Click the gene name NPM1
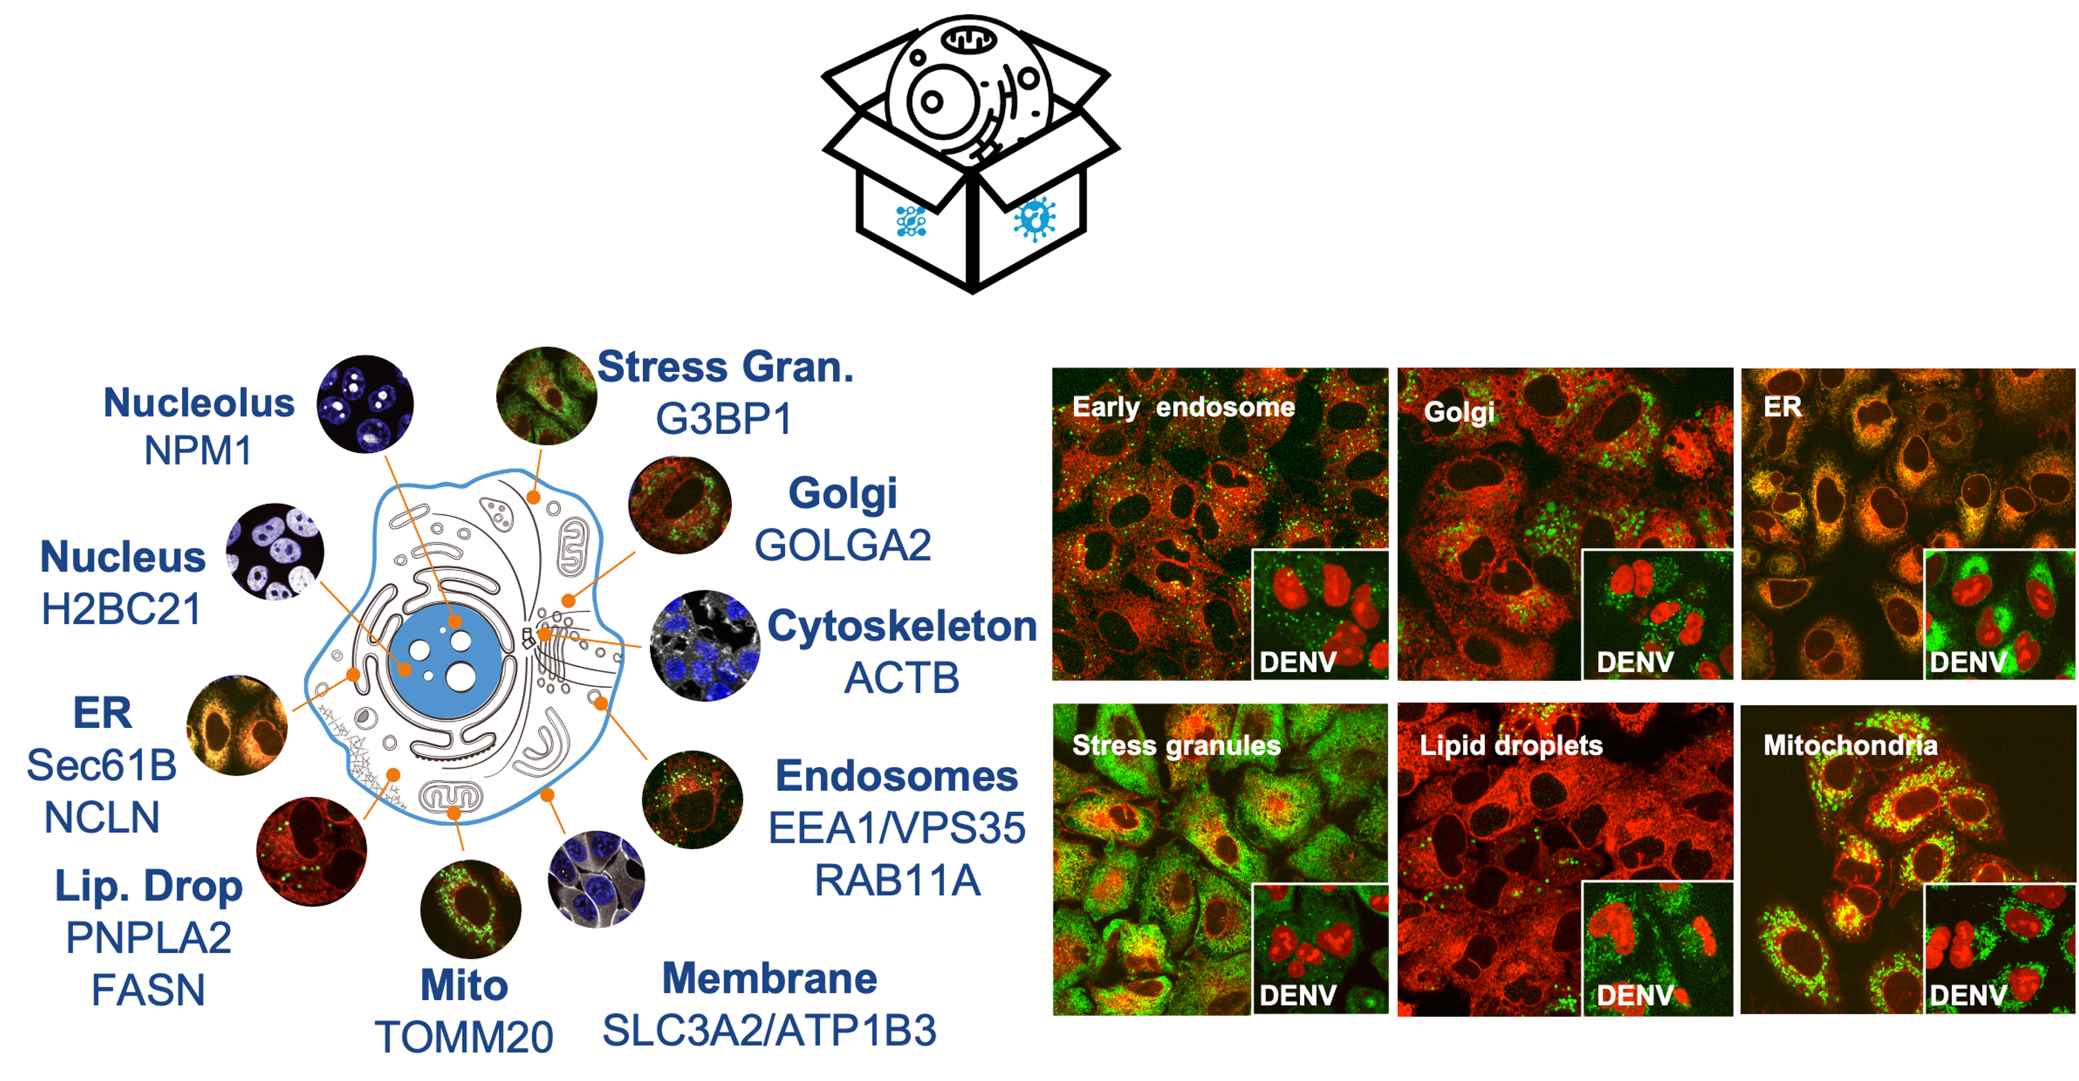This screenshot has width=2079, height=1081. click(x=198, y=451)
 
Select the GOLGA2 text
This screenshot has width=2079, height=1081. click(x=842, y=545)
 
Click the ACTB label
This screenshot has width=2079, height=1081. click(x=901, y=678)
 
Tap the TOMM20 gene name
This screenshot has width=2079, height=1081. click(x=464, y=1037)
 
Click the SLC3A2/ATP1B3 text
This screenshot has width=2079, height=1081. click(x=769, y=1030)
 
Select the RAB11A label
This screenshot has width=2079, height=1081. click(x=897, y=880)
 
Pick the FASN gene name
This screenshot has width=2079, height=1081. click(x=148, y=990)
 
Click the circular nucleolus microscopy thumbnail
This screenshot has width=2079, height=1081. click(x=365, y=403)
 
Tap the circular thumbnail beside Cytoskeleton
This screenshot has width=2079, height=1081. click(x=704, y=645)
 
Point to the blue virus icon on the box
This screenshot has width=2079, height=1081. click(x=1035, y=218)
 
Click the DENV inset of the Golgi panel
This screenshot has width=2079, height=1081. click(x=1657, y=615)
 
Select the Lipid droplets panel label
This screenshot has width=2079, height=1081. click(x=1511, y=745)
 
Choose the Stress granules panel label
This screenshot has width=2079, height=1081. click(x=1176, y=745)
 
